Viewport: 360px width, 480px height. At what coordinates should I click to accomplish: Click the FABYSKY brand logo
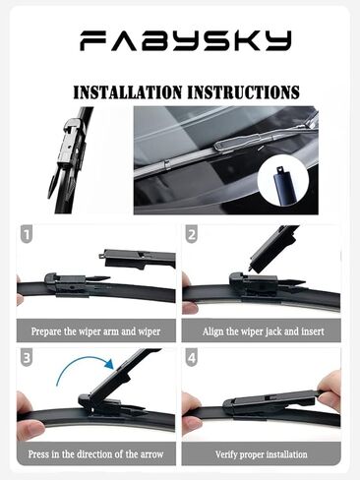185,40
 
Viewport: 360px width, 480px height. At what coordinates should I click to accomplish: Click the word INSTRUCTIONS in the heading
242,92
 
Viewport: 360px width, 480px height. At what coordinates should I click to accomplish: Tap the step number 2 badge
192,236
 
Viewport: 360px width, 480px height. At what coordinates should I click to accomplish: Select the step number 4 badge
192,360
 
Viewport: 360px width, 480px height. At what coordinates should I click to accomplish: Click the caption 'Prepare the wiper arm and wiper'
96,331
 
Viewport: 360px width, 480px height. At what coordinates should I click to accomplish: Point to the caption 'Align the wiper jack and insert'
261,331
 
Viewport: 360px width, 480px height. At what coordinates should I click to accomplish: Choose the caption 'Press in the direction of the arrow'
96,454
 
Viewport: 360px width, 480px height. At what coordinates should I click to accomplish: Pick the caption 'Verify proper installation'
261,454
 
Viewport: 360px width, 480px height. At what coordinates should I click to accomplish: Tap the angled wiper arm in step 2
273,248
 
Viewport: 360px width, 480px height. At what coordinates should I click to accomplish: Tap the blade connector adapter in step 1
73,282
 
